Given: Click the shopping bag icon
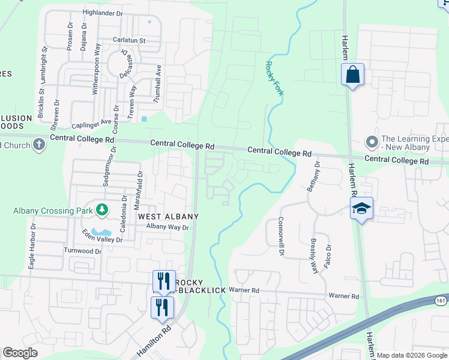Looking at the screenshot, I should tap(352, 76).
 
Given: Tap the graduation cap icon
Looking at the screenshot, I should tap(361, 209).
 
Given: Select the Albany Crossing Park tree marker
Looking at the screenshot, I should tap(102, 210).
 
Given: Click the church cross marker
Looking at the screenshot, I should tap(39, 145).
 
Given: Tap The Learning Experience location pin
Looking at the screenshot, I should tap(372, 143).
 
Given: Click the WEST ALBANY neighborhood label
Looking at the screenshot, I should tap(168, 216).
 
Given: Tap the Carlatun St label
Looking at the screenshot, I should tap(129, 40).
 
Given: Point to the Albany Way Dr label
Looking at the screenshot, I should tap(167, 227).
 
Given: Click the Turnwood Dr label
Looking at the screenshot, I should tap(82, 250).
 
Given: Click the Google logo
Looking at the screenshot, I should tap(20, 353).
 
